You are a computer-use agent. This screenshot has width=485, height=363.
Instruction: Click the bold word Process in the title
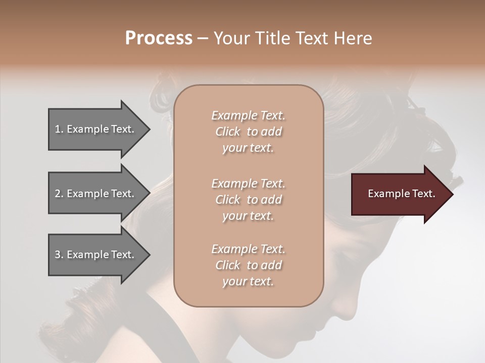[159, 38]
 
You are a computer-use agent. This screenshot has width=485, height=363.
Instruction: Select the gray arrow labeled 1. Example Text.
[96, 129]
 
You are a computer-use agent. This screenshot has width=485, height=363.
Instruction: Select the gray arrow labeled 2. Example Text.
[96, 194]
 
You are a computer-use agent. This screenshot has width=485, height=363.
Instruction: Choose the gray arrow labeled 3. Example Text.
[96, 255]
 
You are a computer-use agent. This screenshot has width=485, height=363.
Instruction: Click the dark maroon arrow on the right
[399, 194]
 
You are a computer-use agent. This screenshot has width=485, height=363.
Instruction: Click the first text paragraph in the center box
[248, 132]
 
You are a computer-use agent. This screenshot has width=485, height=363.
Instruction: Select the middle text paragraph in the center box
[248, 200]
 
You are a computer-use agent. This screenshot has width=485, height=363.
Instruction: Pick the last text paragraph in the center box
[248, 265]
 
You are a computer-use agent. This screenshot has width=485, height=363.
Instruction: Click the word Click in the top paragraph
[228, 132]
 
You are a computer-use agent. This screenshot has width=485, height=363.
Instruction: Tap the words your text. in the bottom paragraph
[248, 281]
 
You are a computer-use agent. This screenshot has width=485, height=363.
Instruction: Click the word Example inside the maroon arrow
[386, 194]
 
